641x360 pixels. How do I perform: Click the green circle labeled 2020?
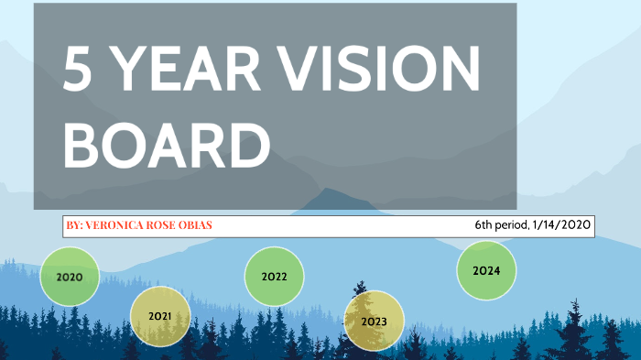[x=70, y=276]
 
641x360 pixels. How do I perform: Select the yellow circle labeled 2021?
[x=159, y=317]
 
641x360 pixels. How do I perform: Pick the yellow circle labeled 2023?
[x=374, y=322]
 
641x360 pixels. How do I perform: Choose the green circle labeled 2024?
[x=486, y=270]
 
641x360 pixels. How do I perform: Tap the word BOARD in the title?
[x=169, y=147]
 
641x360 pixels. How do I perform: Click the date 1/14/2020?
[x=561, y=224]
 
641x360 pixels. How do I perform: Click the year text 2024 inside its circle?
[x=486, y=271]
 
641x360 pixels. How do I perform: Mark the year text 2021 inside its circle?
[x=159, y=317]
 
